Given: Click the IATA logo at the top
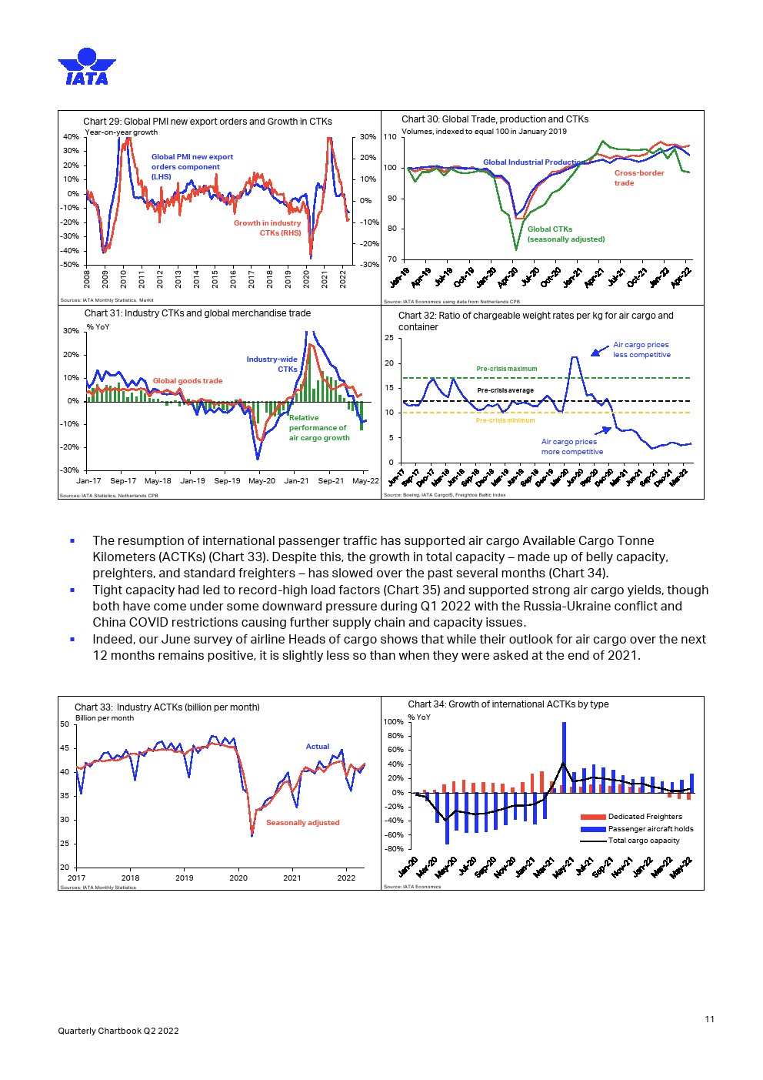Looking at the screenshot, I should point(86,67).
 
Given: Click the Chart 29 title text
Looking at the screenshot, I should point(208,122).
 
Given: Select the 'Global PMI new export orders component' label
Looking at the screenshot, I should point(192,166).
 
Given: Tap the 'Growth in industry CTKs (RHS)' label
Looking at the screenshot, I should point(268,228).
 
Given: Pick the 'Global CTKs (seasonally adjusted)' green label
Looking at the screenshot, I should point(565,234).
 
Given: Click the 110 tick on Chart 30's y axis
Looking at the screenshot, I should point(389,137).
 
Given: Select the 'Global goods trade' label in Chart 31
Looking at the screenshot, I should point(188,381).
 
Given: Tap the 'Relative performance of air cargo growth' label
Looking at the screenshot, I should point(319,428).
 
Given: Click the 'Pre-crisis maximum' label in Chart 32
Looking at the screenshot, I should point(506,369).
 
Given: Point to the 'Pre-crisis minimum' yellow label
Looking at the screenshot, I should point(505,420).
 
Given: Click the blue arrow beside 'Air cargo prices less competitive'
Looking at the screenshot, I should point(599,351).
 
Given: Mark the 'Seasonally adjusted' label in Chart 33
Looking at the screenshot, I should point(302,823).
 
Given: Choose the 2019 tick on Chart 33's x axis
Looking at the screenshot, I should point(185,878).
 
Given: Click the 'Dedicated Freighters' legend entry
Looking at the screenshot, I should point(645,817).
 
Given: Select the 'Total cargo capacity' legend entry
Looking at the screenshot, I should point(644,841).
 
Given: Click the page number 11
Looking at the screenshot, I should point(709,1019).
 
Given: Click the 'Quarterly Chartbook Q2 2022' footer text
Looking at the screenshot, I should point(118,1031).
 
